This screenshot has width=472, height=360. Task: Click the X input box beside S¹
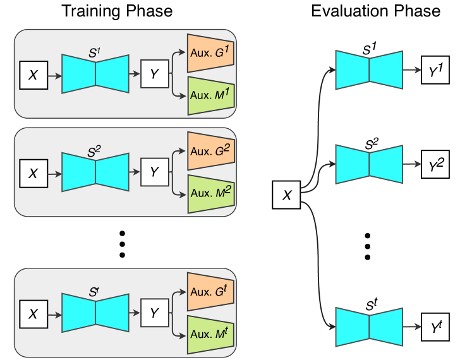click(x=34, y=75)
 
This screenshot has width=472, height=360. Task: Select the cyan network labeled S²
click(x=95, y=171)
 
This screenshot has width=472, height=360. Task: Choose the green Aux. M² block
click(x=211, y=194)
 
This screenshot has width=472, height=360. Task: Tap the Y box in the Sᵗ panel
click(x=154, y=313)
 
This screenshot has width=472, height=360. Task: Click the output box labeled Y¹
click(x=435, y=70)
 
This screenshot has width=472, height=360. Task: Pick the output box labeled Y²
click(x=435, y=164)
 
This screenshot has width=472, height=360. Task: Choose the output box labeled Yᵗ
click(x=435, y=327)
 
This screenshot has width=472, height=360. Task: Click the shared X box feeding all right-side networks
click(x=287, y=195)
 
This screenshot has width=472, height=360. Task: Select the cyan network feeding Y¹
click(x=369, y=69)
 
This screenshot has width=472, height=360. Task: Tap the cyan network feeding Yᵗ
click(x=369, y=327)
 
